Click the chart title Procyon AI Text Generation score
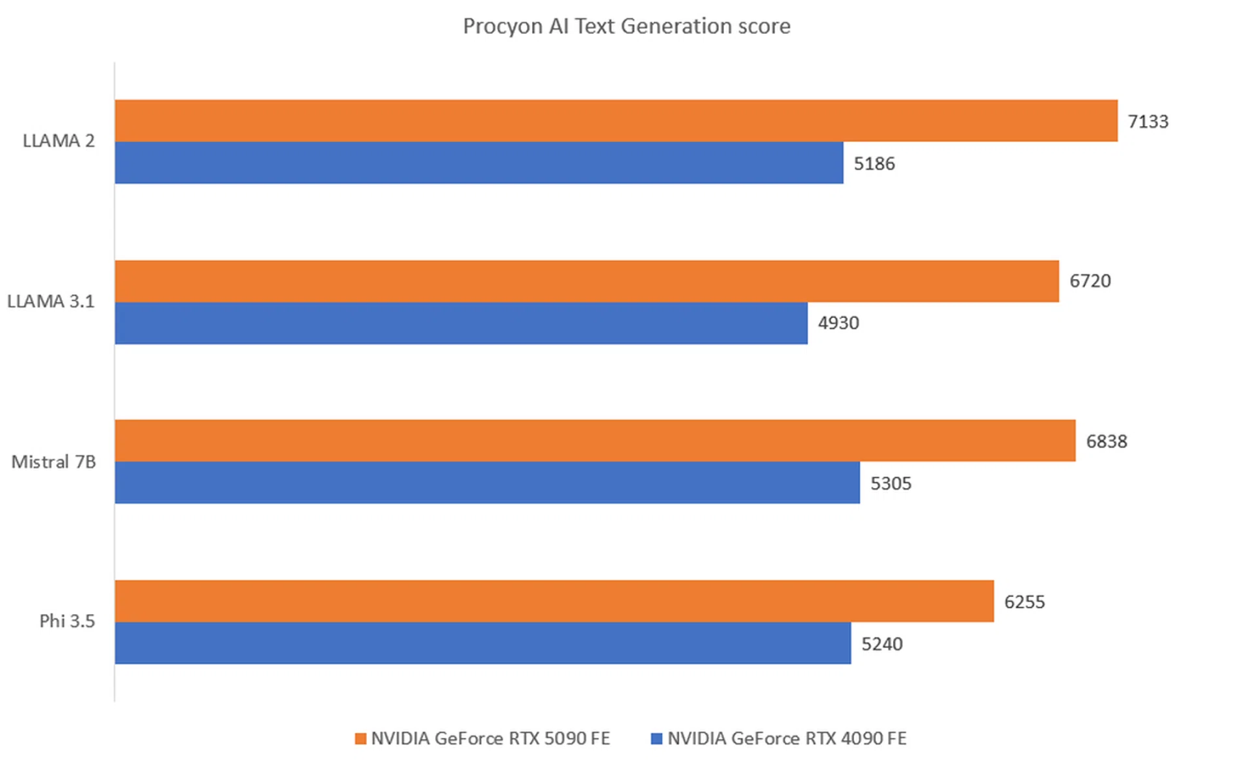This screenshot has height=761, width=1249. pos(626,26)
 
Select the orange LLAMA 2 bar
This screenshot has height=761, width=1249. pos(616,120)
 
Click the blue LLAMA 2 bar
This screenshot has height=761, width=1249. pos(479,163)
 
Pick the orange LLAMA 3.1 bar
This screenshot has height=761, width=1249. pos(587,281)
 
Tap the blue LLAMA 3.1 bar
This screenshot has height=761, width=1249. pos(461,323)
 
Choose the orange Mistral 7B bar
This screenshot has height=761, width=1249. pos(595,440)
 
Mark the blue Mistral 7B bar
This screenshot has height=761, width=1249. pos(487,483)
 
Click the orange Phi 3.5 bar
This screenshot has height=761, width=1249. pos(554,601)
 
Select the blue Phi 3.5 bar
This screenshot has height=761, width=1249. pos(483,643)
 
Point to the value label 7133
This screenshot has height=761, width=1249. pos(1148,122)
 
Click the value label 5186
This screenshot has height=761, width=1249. pos(874,164)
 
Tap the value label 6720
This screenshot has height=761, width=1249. pos(1090,281)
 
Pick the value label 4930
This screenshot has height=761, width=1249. pos(839,323)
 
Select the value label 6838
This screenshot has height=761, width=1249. pos(1107,442)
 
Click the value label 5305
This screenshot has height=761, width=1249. pos(891,484)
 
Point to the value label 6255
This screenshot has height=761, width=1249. pos(1025,602)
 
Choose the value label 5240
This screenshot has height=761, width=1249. pos(882,645)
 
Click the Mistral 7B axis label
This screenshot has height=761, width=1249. pos(53,462)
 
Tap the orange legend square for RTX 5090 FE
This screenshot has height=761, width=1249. pos(360,739)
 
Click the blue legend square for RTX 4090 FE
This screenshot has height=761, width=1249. pos(657,739)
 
